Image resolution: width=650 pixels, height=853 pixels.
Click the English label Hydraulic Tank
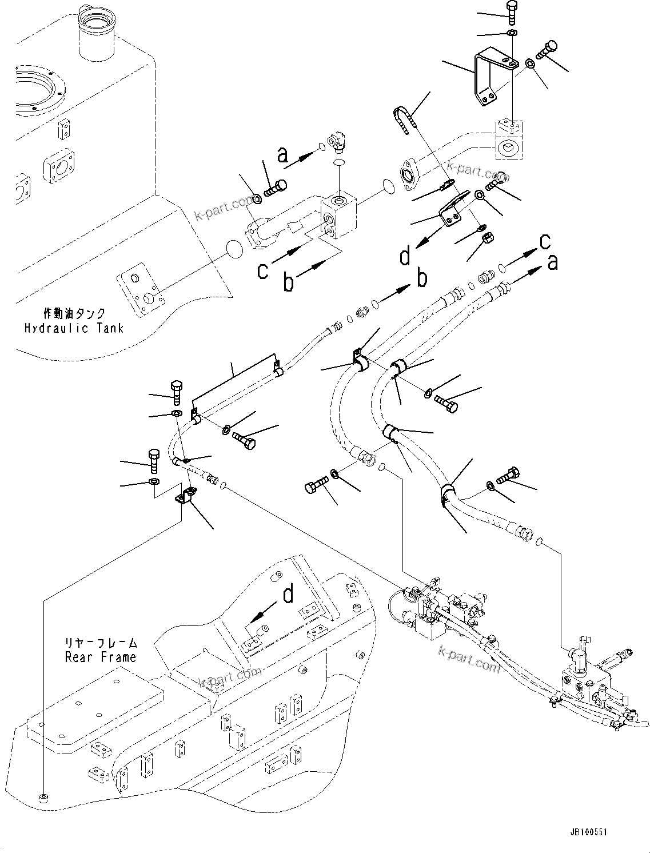pyautogui.click(x=73, y=328)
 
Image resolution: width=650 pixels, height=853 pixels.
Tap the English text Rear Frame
pyautogui.click(x=101, y=657)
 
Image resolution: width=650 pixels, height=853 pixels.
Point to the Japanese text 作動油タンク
pyautogui.click(x=74, y=313)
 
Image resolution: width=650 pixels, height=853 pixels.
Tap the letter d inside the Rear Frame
pyautogui.click(x=289, y=595)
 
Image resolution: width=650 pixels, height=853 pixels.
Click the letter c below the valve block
pyautogui.click(x=262, y=270)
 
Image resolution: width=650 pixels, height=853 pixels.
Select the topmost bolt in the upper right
pyautogui.click(x=511, y=11)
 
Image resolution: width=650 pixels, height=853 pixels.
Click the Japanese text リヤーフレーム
pyautogui.click(x=101, y=643)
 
